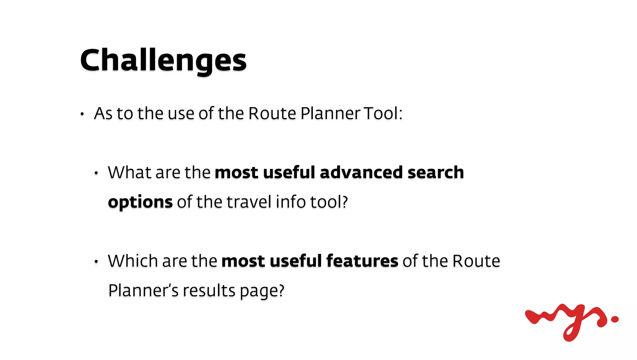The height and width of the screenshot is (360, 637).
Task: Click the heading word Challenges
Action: tap(163, 61)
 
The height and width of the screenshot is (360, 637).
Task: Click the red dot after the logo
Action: tap(615, 319)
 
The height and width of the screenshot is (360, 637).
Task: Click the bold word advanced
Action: tap(361, 172)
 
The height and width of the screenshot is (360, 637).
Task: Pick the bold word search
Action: tap(435, 172)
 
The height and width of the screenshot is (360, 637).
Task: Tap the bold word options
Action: tap(140, 202)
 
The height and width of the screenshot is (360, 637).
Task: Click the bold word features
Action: tap(362, 261)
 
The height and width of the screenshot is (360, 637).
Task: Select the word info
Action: tap(291, 202)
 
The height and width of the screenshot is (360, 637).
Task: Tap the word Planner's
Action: tap(143, 291)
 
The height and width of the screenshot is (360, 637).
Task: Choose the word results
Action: tap(209, 291)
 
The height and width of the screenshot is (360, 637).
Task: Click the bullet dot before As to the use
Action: tap(82, 114)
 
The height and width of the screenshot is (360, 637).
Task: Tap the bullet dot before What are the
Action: tap(96, 173)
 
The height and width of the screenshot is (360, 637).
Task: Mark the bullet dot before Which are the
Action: tap(96, 262)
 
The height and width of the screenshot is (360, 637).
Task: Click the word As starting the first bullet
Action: tap(103, 113)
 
